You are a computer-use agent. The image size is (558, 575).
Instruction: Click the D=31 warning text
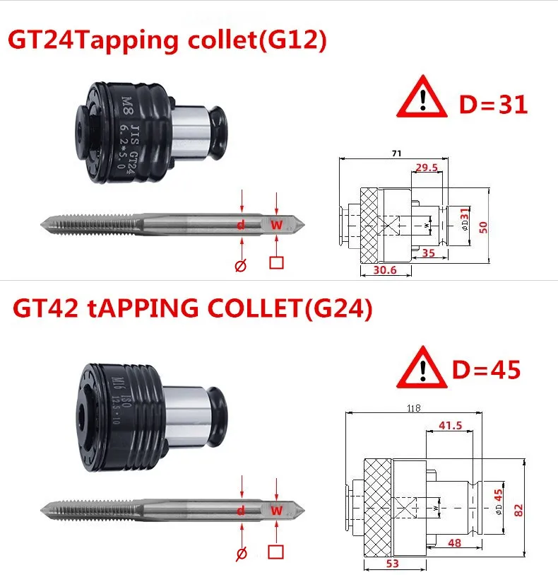coord(493,105)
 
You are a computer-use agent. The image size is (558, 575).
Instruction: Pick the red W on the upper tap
coord(276,225)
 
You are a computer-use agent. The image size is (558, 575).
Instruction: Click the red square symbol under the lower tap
coord(276,552)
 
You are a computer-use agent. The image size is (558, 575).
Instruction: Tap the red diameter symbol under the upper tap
coord(241,265)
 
